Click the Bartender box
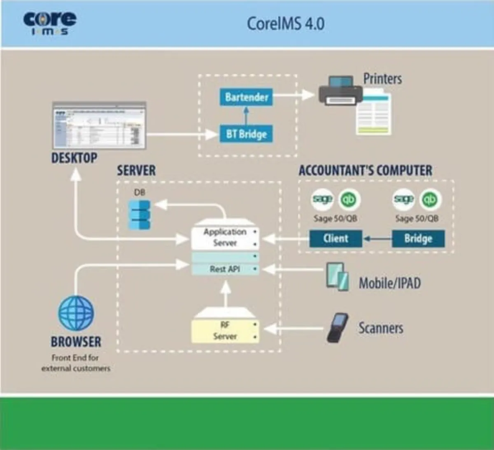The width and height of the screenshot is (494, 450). click(246, 97)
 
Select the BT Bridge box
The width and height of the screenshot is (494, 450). click(246, 134)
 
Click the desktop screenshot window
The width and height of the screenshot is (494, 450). click(99, 125)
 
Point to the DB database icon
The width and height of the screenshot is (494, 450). click(140, 214)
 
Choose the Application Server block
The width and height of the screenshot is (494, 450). click(225, 238)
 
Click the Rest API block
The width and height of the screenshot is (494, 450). click(225, 269)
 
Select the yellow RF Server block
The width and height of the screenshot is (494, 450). click(225, 331)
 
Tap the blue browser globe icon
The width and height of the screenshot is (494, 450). click(76, 313)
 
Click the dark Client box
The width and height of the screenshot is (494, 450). click(336, 238)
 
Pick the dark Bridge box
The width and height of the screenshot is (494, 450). click(418, 238)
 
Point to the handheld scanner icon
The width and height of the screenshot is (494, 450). click(338, 328)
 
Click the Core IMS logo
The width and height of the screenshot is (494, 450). click(50, 23)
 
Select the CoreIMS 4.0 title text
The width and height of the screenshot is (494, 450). click(285, 23)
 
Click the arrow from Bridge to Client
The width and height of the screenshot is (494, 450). click(377, 238)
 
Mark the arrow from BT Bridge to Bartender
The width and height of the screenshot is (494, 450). click(246, 116)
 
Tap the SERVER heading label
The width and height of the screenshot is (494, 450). click(136, 171)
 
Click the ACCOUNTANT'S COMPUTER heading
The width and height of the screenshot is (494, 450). click(365, 171)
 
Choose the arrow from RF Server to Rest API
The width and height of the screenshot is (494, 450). click(225, 293)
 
